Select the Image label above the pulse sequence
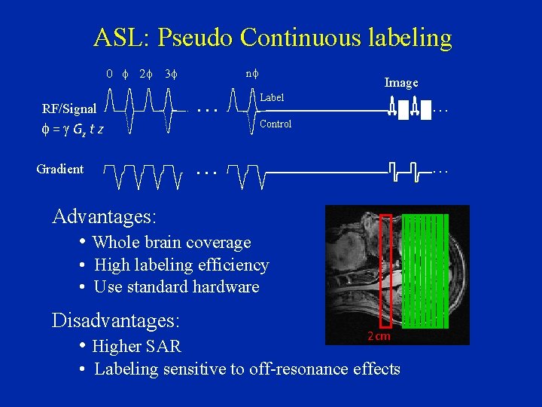tap(401, 83)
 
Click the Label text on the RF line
tap(272, 97)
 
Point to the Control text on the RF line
tap(276, 124)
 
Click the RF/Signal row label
tap(69, 109)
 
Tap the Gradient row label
tap(60, 169)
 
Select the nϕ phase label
tap(252, 74)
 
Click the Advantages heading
tap(104, 217)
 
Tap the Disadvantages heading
tap(115, 321)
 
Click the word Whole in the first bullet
tap(114, 243)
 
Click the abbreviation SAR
tap(163, 347)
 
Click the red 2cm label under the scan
tap(379, 337)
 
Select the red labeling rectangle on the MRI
tap(385, 271)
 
